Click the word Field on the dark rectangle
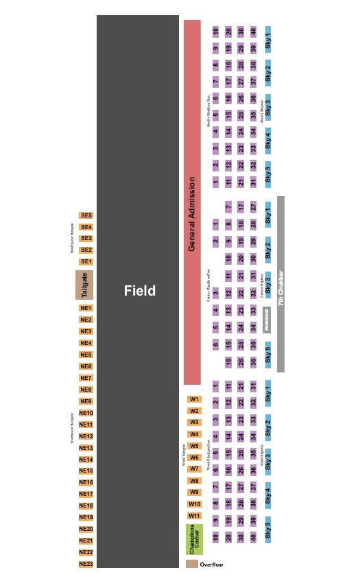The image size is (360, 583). [139, 291]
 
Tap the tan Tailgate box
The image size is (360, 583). [84, 285]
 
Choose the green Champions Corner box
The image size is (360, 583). [195, 539]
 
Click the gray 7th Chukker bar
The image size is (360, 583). [280, 285]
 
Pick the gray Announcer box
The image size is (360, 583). [267, 319]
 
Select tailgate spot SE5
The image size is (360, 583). [86, 215]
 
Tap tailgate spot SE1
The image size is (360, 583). [86, 261]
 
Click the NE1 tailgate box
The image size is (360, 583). [86, 308]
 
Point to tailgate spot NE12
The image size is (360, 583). [86, 436]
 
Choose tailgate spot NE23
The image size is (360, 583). [86, 564]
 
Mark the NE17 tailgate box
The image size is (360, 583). [86, 494]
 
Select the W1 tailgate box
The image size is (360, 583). [195, 399]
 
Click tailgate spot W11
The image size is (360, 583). [195, 516]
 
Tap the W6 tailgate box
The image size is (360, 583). [195, 457]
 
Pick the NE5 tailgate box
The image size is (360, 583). [86, 355]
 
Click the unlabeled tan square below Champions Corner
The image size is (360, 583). [192, 564]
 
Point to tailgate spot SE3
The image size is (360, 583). [86, 238]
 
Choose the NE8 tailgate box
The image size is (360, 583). [86, 390]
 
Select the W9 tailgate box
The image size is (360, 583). [195, 492]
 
